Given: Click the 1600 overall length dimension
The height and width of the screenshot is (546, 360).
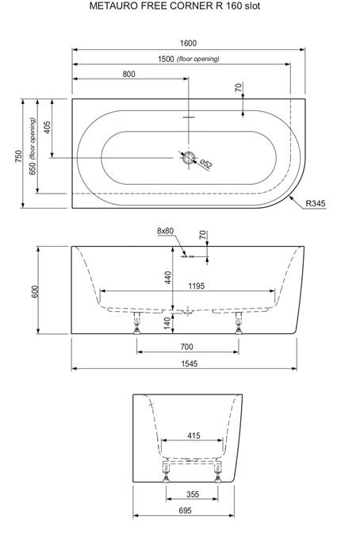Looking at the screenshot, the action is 188,43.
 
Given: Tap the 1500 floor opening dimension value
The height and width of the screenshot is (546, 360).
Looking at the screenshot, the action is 166,59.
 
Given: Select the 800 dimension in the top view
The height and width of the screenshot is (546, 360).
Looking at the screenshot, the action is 128,74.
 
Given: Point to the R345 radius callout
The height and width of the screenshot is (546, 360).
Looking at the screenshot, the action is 316,203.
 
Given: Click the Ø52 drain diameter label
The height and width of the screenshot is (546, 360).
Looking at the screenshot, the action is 206,163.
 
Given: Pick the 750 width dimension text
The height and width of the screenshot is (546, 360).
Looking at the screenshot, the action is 18,156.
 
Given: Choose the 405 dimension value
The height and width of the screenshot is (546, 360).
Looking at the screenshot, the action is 48,128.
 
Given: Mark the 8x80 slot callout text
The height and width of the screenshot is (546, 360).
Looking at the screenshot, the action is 165,231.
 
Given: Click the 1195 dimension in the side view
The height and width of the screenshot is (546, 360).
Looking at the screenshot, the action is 197,286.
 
